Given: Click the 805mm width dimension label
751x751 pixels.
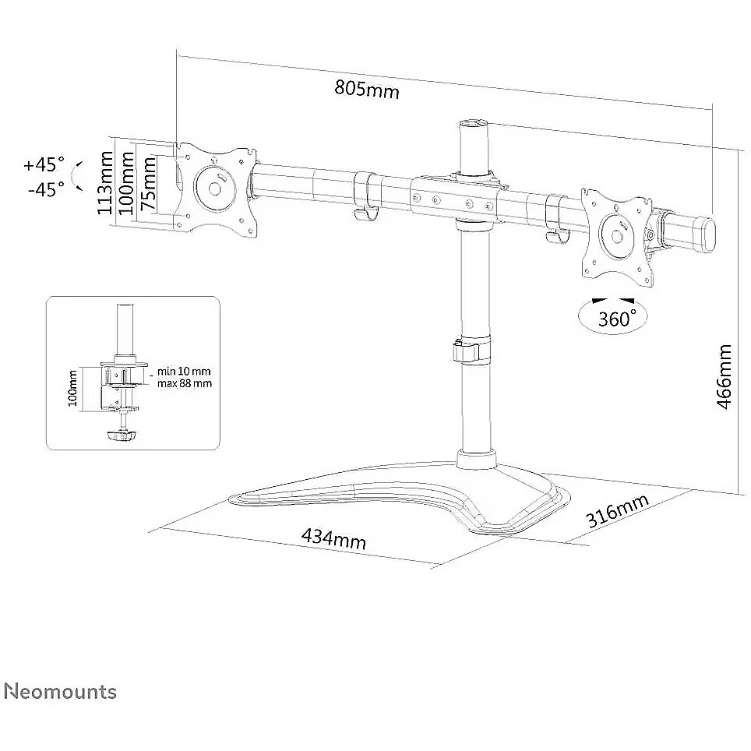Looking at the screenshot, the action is [366, 89].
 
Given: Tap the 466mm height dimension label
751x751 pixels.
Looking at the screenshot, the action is [724, 376].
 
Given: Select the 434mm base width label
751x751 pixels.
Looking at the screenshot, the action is [334, 539].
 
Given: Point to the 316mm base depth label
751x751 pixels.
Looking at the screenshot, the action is [617, 510].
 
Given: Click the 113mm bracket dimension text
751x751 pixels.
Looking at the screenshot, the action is [105, 182].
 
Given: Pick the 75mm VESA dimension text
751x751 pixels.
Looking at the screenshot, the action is [149, 183].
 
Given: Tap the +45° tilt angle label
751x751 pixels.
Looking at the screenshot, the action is [44, 164].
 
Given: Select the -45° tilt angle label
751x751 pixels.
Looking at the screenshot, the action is [46, 189].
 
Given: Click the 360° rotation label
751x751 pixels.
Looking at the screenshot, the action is [617, 318].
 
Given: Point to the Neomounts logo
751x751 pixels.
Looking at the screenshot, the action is [60, 692].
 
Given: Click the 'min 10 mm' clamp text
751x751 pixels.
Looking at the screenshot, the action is [184, 371].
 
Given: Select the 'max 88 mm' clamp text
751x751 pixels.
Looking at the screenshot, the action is [185, 383].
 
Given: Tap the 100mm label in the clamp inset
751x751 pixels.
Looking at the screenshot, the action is [72, 389].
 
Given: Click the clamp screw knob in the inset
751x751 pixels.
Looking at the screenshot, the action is [122, 435].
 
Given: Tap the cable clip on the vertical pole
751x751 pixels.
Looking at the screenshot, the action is [466, 351].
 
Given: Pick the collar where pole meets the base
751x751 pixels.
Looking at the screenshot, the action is [475, 458].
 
